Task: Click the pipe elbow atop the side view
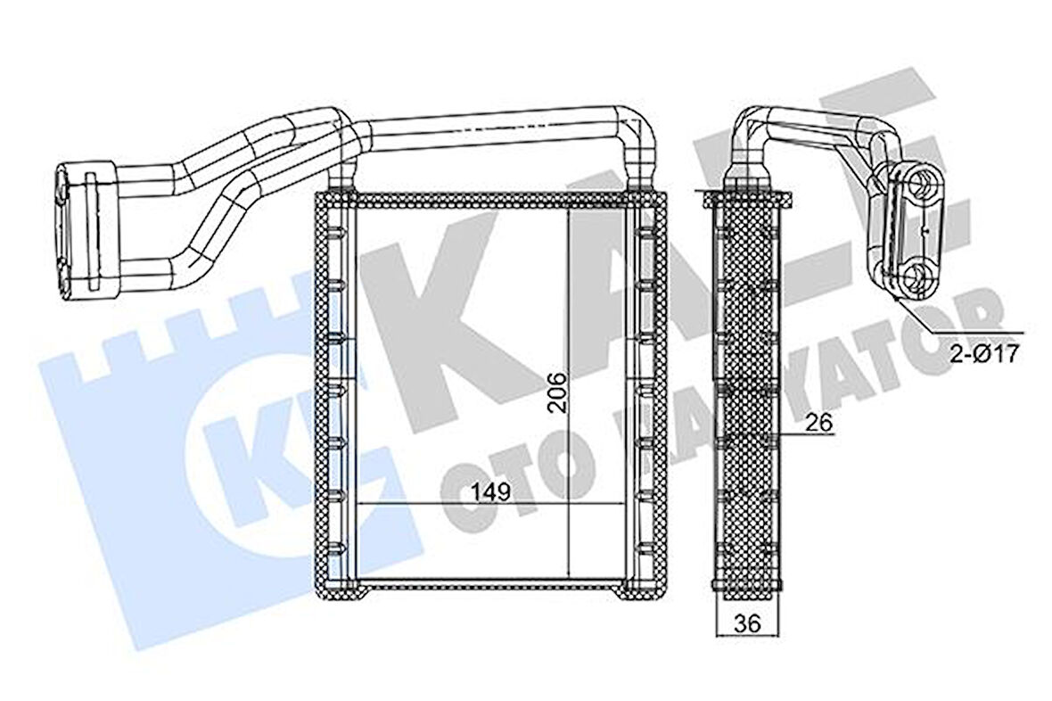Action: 747,134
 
